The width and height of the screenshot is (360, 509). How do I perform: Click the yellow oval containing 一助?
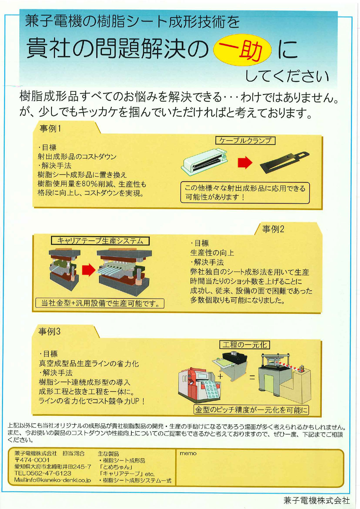(242, 50)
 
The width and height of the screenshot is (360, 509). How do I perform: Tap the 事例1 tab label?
(50, 128)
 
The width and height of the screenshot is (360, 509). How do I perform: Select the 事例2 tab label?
(273, 229)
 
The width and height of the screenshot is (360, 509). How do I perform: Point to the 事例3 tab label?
(49, 331)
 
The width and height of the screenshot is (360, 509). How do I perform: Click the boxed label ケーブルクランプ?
(245, 141)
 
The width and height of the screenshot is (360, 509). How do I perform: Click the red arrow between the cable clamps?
(245, 162)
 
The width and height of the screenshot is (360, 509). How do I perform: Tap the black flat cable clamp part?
(285, 162)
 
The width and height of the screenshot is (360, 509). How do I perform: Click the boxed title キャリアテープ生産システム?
(100, 241)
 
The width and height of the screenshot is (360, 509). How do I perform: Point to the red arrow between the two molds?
(89, 270)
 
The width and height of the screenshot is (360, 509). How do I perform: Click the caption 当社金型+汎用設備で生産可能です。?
(100, 303)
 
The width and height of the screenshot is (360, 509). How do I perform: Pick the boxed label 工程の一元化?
(245, 345)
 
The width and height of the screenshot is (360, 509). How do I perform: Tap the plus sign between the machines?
(220, 376)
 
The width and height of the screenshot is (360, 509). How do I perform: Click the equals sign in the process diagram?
(252, 377)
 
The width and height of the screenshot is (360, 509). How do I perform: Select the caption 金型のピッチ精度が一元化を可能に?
(251, 410)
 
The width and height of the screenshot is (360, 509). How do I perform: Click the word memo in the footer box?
(188, 453)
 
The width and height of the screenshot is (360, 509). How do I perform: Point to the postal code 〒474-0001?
(32, 460)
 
